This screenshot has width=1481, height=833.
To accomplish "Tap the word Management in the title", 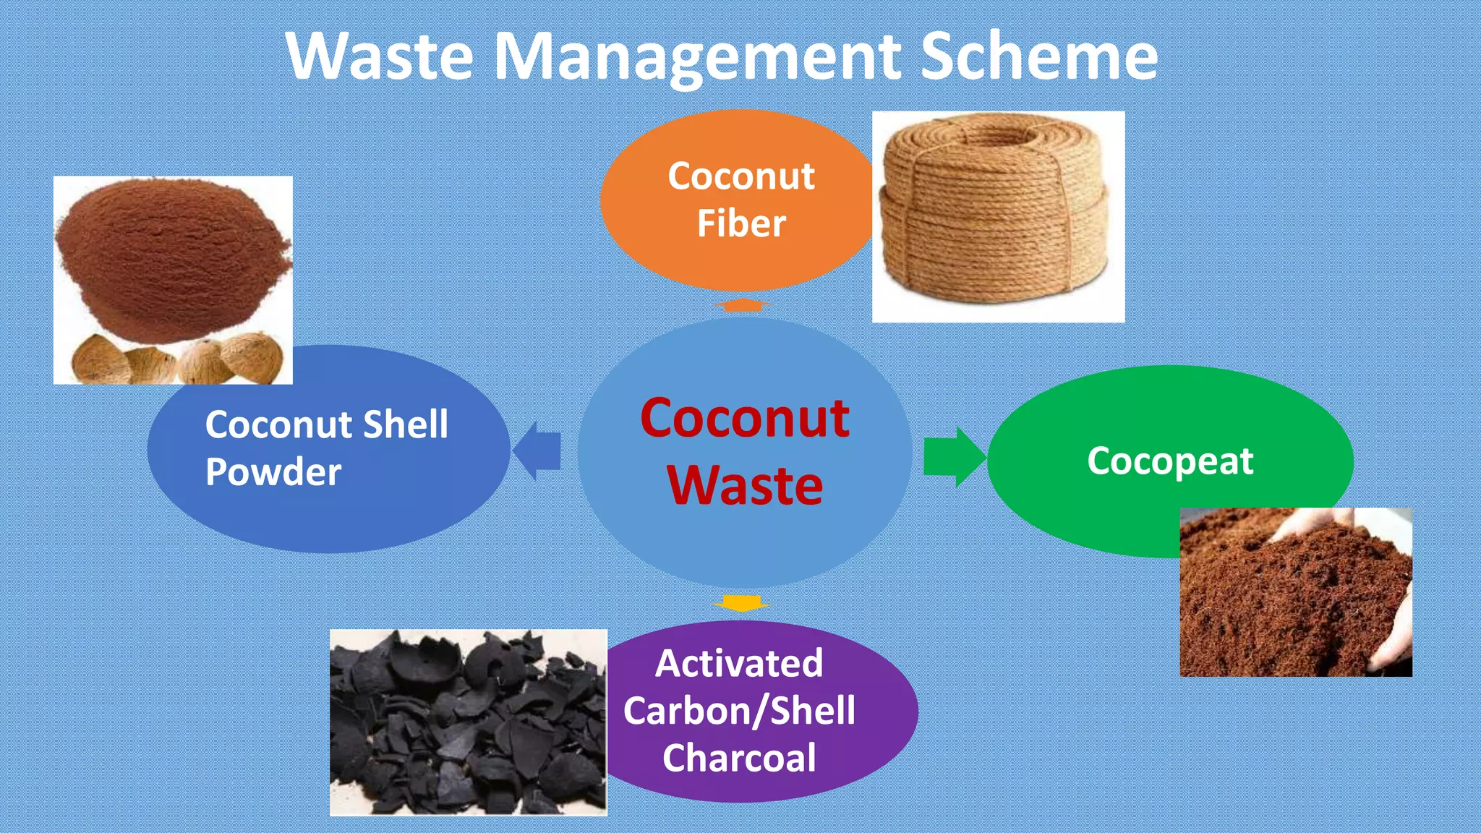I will click(697, 58).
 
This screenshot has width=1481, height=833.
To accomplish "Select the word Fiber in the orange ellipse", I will click(741, 223).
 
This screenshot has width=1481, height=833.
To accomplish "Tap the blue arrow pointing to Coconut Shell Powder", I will click(537, 451).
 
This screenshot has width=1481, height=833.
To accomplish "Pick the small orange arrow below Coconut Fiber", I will click(741, 305).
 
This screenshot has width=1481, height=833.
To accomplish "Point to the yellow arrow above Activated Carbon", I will click(741, 603).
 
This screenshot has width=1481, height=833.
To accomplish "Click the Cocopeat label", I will click(1169, 461).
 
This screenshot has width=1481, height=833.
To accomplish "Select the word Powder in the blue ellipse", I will click(273, 472).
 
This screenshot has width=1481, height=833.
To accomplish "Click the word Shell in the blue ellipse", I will click(405, 424).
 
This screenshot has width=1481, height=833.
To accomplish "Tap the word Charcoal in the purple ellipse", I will click(739, 758).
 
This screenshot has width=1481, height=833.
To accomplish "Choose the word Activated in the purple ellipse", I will click(739, 663).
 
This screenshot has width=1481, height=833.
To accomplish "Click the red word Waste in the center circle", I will click(745, 485).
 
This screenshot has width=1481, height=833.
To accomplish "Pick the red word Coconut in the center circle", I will click(745, 418).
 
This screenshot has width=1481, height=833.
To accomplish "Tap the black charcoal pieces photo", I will click(468, 723).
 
